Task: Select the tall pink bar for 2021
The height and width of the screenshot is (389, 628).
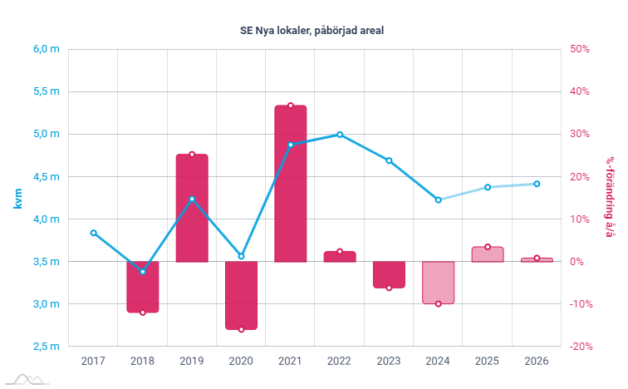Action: pyautogui.click(x=290, y=183)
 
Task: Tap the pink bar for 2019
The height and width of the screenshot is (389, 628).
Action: pyautogui.click(x=192, y=208)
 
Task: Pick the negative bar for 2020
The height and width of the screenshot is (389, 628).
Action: pyautogui.click(x=241, y=295)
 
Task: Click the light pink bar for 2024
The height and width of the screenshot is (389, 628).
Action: pyautogui.click(x=438, y=283)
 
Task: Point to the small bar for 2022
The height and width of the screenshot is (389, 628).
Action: pyautogui.click(x=339, y=257)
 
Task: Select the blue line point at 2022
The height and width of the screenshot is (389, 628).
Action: pyautogui.click(x=339, y=134)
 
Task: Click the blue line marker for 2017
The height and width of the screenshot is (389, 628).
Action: pyautogui.click(x=93, y=233)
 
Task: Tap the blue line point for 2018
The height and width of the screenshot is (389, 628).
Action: pyautogui.click(x=143, y=272)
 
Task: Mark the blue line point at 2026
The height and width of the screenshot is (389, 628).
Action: pyautogui.click(x=537, y=184)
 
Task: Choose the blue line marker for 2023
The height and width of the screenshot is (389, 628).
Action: pyautogui.click(x=389, y=160)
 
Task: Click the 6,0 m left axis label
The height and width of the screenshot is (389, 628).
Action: pyautogui.click(x=47, y=49)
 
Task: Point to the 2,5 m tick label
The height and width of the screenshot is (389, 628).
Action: pyautogui.click(x=47, y=347)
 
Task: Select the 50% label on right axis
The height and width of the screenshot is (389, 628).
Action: pyautogui.click(x=579, y=49)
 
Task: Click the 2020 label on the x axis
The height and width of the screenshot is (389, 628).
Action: pyautogui.click(x=241, y=361)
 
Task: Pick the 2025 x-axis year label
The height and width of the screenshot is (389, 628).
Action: pyautogui.click(x=488, y=361)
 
